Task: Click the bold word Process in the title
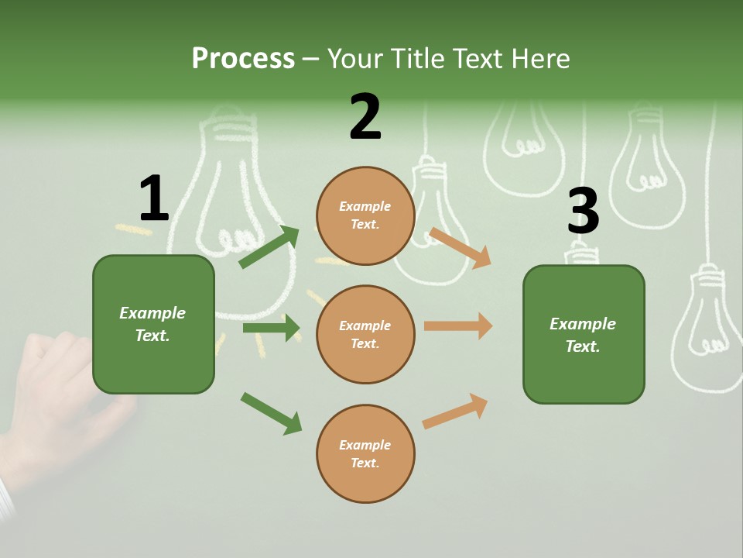tap(243, 58)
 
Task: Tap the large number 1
tap(154, 198)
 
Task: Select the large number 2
tap(365, 116)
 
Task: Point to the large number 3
tap(583, 211)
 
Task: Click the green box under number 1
tap(153, 324)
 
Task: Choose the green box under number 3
tap(584, 334)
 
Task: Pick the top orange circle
tap(365, 215)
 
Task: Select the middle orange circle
tap(365, 334)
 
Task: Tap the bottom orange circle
tap(365, 453)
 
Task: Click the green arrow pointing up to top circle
tap(269, 247)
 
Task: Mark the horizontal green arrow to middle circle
tap(271, 328)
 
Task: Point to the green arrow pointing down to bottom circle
tap(271, 413)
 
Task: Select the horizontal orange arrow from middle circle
tap(458, 325)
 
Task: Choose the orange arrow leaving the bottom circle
tap(455, 411)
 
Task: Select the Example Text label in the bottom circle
tap(365, 453)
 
